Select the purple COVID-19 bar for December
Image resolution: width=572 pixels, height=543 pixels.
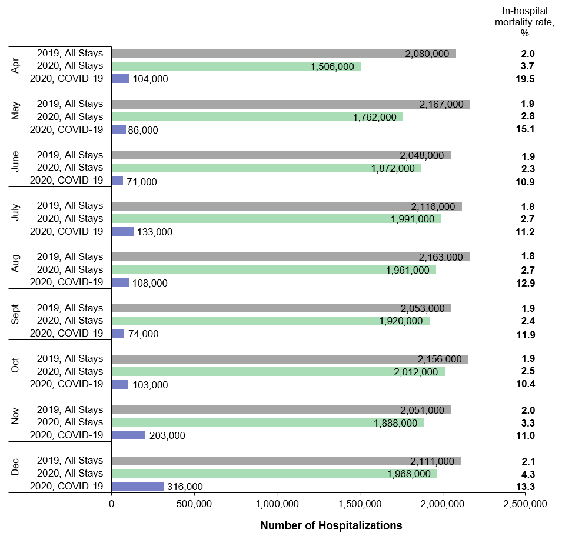click(137, 486)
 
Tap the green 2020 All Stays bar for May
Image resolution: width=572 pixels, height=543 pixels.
click(257, 117)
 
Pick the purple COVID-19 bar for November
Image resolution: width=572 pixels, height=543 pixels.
click(128, 435)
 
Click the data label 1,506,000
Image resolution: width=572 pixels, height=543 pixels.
click(332, 66)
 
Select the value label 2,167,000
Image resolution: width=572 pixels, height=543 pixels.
click(441, 104)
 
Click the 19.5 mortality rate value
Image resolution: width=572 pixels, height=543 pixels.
click(523, 79)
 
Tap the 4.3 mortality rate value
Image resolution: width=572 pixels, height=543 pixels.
click(523, 474)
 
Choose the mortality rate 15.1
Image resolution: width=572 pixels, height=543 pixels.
click(523, 129)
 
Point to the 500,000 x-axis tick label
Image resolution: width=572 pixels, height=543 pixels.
click(194, 504)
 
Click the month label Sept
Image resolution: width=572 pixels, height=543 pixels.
click(16, 314)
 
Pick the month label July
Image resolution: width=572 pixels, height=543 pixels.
click(16, 212)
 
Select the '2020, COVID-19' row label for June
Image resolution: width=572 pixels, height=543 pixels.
click(66, 181)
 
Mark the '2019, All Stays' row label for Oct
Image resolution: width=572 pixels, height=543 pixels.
click(70, 359)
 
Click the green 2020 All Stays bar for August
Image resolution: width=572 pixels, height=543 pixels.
click(274, 269)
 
